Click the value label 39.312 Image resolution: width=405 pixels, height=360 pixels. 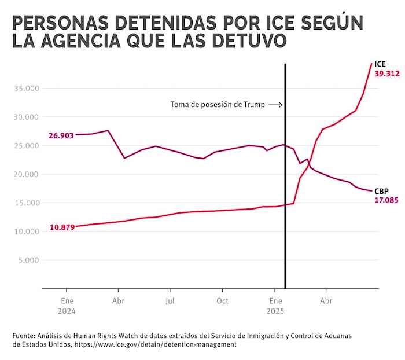387,74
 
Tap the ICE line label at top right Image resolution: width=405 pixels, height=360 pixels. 380,64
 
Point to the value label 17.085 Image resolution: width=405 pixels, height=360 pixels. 387,200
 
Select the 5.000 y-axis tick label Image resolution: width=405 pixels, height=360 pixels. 28,260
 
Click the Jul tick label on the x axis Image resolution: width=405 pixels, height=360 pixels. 170,301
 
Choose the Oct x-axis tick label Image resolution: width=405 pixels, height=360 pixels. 222,301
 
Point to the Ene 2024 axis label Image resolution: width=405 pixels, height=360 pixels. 67,306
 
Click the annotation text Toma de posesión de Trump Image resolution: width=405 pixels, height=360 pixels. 218,105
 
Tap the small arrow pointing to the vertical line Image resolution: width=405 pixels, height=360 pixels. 276,105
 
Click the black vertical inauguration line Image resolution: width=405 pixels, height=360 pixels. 286,174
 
